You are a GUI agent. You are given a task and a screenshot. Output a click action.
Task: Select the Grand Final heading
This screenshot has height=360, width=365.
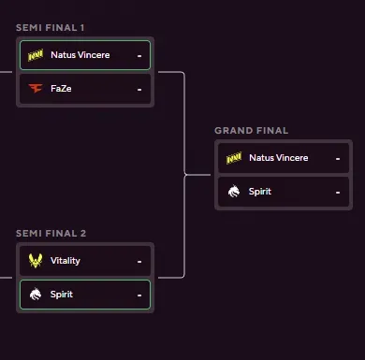click(x=251, y=130)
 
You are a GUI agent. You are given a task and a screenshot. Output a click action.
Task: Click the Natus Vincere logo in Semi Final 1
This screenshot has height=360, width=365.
click(x=36, y=55)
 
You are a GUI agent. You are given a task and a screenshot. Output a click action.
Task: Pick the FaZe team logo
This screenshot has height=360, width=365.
click(x=36, y=89)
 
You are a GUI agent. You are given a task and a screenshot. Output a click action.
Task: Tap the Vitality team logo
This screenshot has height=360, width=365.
click(x=36, y=261)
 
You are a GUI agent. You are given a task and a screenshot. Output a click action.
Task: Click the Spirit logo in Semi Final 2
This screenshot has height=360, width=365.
click(x=36, y=295)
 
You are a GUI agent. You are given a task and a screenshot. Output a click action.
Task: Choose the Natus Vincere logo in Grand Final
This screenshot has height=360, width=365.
click(x=234, y=158)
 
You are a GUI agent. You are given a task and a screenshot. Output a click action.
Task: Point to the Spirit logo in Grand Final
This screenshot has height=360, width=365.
click(x=234, y=192)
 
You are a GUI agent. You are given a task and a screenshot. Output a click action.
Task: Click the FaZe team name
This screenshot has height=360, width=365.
click(x=62, y=89)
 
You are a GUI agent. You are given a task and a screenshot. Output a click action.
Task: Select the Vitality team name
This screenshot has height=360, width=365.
click(x=66, y=261)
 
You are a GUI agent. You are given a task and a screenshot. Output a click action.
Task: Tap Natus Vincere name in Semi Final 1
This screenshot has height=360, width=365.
click(x=80, y=55)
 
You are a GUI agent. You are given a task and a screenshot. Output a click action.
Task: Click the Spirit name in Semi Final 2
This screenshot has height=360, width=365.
click(x=62, y=295)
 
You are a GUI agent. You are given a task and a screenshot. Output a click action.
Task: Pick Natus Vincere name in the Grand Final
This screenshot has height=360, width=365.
click(x=278, y=158)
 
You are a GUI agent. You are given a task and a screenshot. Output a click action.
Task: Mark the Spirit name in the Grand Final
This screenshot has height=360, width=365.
click(x=260, y=192)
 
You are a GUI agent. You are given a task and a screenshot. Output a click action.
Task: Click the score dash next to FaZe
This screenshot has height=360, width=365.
click(x=139, y=89)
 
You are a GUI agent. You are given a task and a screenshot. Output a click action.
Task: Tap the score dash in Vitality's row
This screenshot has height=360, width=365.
click(x=139, y=261)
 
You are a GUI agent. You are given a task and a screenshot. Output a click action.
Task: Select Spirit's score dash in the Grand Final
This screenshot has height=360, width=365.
click(x=337, y=192)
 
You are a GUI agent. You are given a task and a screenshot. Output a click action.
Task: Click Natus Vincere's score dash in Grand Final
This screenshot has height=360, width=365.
click(x=337, y=158)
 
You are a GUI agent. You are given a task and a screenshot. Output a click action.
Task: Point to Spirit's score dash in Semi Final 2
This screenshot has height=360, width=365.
click(x=139, y=295)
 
